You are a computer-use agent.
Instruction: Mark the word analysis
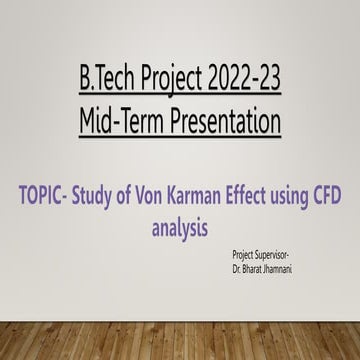click(x=180, y=202)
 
